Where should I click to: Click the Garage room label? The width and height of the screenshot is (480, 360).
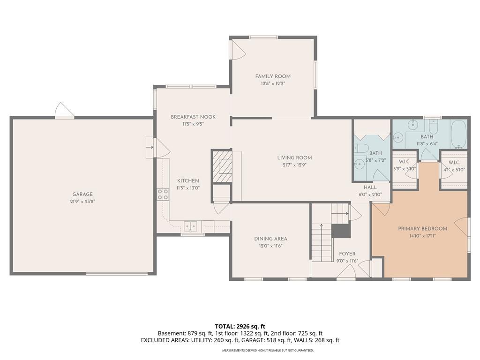pos(82,194)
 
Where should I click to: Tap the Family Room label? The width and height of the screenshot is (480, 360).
pos(273,76)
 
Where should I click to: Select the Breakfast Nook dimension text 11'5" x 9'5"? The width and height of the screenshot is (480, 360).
pos(193,124)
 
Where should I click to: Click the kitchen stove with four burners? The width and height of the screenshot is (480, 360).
pos(163,195)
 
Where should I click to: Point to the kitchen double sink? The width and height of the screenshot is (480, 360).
pos(190,226)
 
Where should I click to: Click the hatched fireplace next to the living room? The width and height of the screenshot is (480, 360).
pos(222,166)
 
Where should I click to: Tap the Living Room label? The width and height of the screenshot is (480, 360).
pos(294,157)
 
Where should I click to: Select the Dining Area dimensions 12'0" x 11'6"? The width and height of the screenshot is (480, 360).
pos(270,246)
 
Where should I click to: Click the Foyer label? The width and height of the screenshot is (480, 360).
pos(347,254)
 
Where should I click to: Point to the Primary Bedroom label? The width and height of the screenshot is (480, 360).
pos(422,228)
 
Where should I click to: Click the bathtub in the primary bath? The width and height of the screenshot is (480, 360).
pos(458,134)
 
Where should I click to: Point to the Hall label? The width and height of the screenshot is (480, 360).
pos(370,187)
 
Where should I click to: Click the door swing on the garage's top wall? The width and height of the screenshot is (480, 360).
pos(64,110)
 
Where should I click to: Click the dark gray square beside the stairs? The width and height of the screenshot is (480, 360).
pos(341,231)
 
